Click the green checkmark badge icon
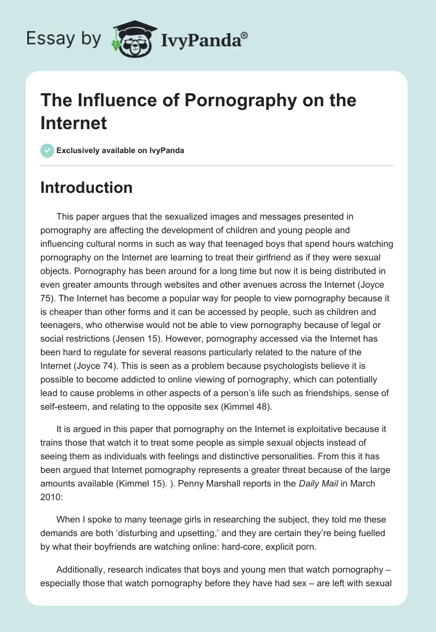pos(47,150)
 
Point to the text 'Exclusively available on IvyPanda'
pos(120,150)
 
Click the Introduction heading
pos(86,187)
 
